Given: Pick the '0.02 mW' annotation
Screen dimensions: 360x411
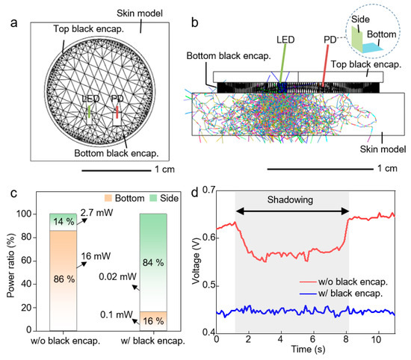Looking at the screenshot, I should [x=123, y=277].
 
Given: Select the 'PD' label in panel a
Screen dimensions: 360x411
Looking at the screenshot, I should [x=117, y=97].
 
